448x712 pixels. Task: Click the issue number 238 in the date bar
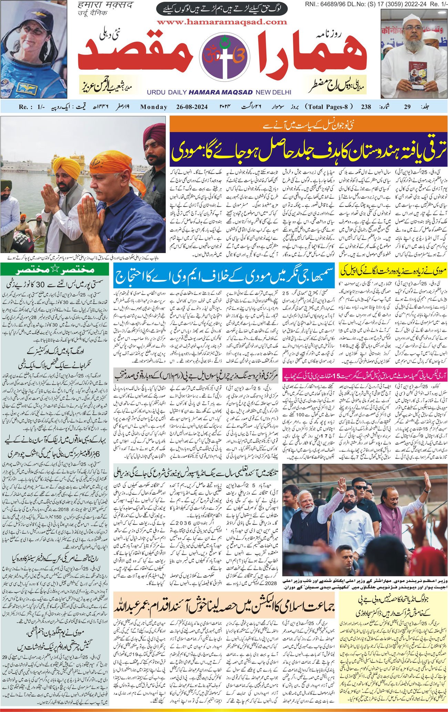pyautogui.click(x=366, y=107)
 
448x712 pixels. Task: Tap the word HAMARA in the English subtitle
pyautogui.click(x=206, y=92)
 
